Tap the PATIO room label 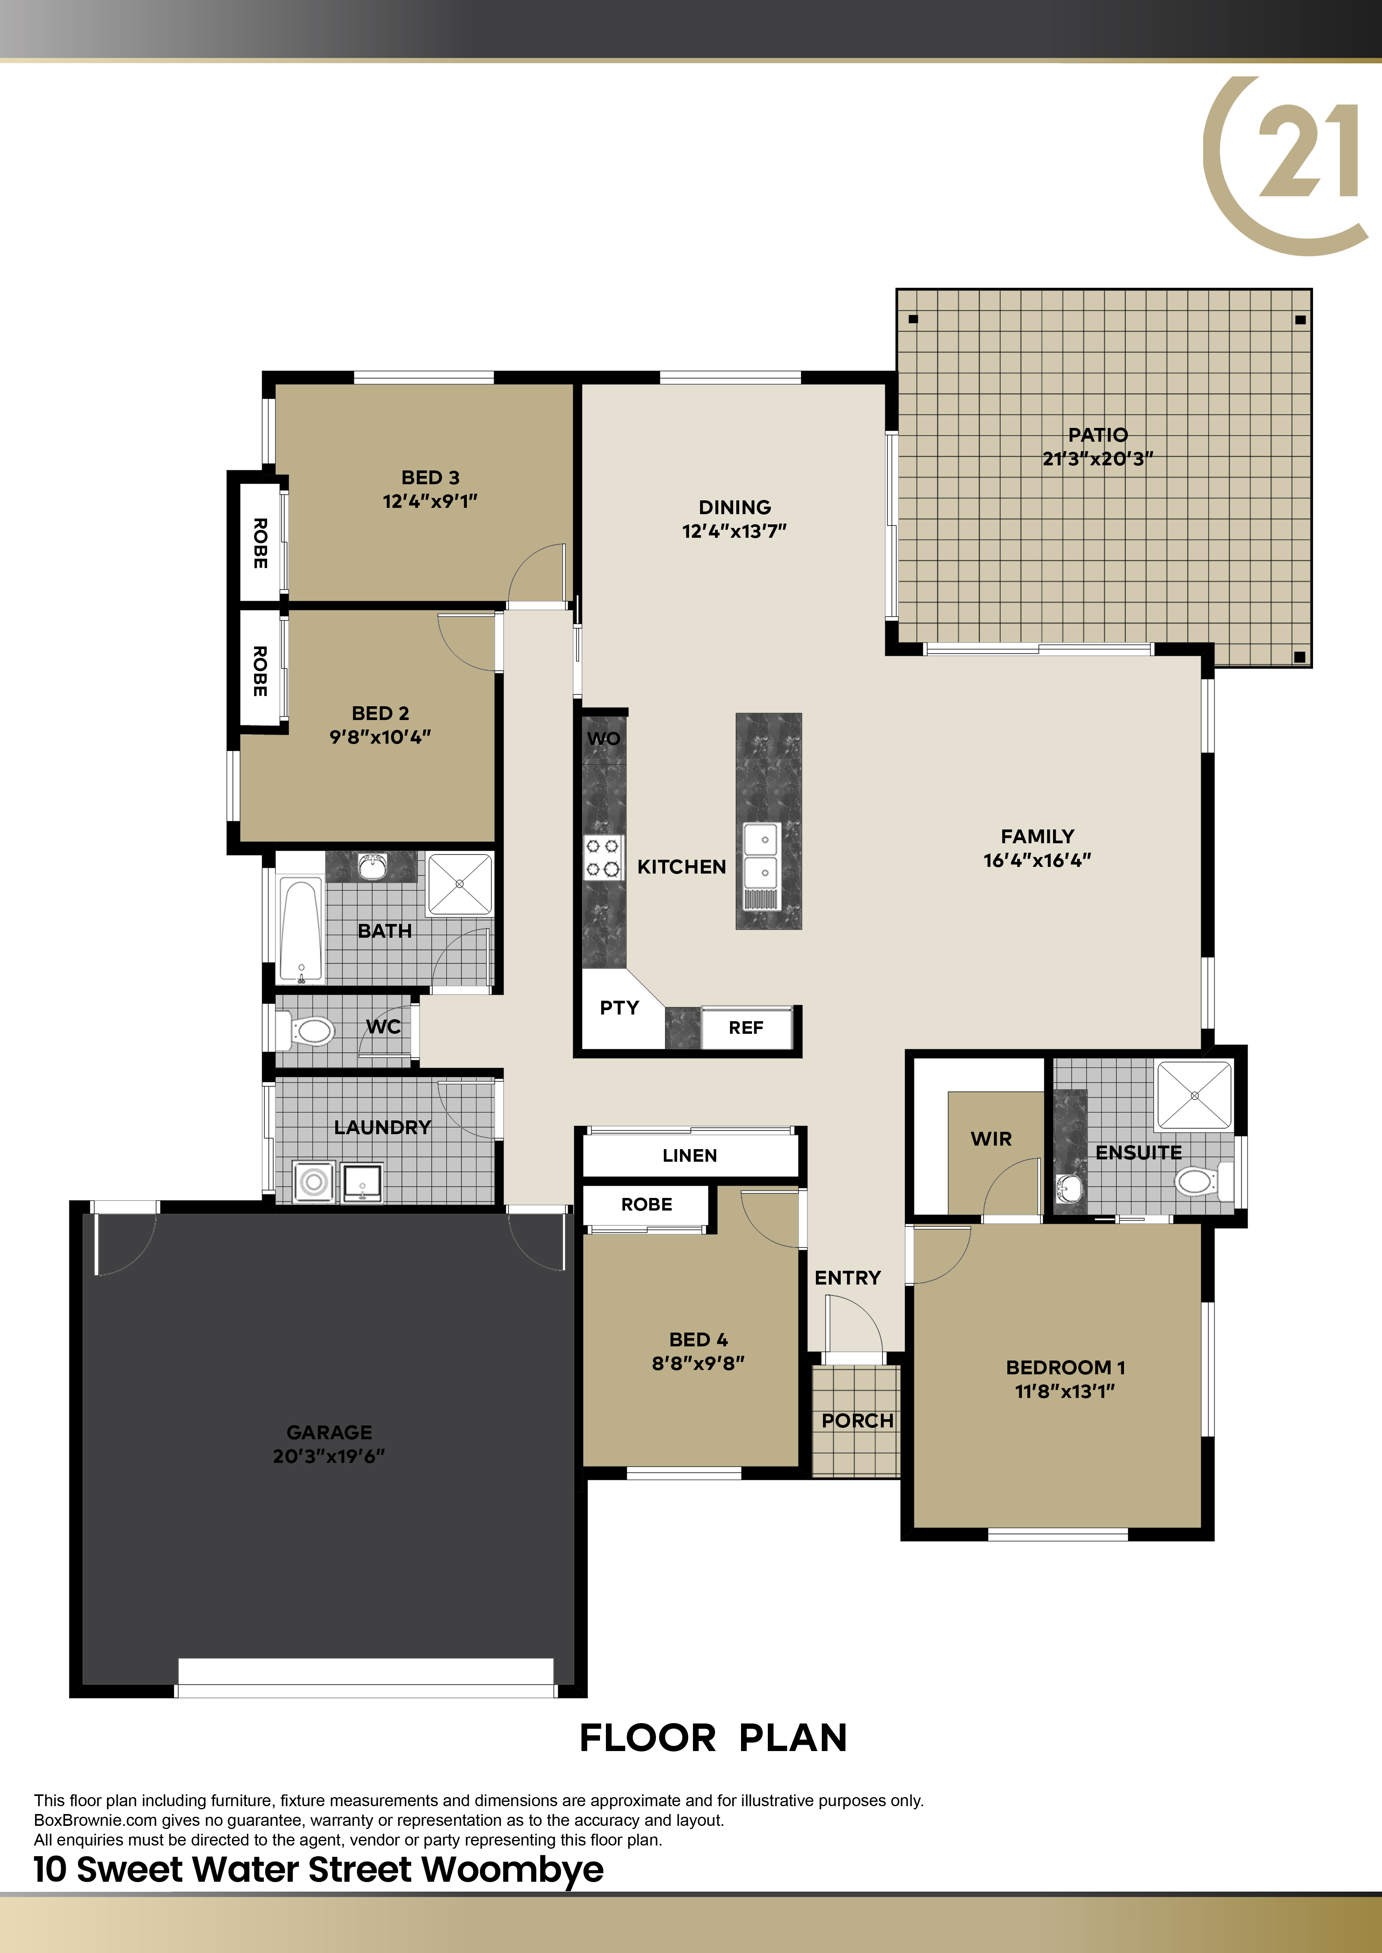click(x=1098, y=435)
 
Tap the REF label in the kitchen click(x=745, y=1027)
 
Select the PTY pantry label click(x=619, y=1008)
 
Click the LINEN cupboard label click(x=689, y=1155)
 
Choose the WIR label click(x=992, y=1139)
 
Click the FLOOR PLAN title click(x=713, y=1738)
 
